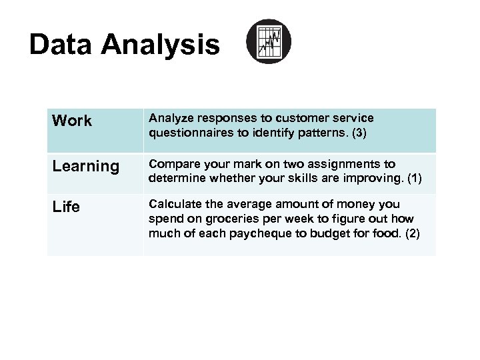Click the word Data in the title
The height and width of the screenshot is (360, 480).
pos(61,45)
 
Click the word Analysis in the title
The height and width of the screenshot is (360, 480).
pos(160,45)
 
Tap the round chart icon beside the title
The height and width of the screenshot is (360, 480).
pos(269,41)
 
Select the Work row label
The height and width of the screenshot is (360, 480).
pos(72,121)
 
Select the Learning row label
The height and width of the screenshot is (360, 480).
pos(85,167)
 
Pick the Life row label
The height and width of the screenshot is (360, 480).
pos(66,207)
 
